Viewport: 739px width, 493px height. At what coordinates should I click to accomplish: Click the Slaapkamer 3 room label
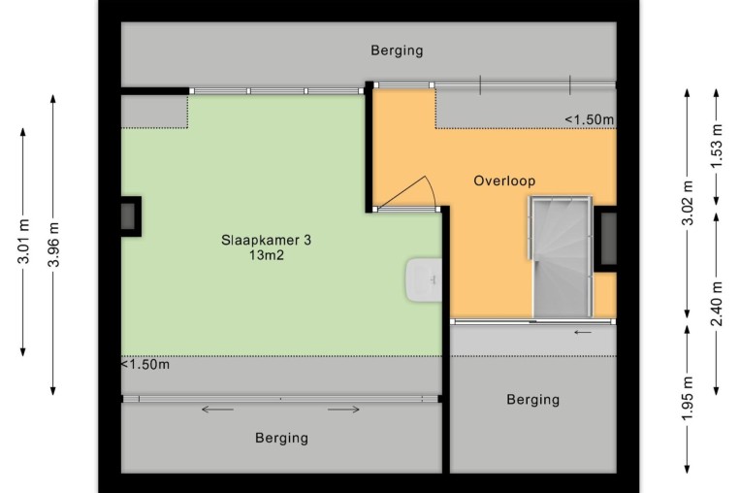pos(267,240)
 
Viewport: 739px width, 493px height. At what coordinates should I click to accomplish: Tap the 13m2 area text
pos(267,255)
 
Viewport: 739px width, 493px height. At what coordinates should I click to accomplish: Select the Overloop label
pos(504,181)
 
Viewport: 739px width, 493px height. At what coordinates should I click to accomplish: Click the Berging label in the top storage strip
pos(397,50)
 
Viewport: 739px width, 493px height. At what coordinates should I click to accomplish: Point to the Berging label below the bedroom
pos(282,438)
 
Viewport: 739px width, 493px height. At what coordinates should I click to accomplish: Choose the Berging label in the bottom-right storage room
pos(533,400)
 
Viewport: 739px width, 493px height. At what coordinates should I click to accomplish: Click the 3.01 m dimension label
pos(23,241)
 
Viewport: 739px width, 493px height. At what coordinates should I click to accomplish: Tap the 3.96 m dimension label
pos(53,244)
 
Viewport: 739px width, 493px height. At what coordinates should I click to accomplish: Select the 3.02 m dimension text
pos(689,203)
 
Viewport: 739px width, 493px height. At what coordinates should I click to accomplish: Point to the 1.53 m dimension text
pos(717,146)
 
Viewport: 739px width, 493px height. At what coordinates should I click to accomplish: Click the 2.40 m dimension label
pos(717,304)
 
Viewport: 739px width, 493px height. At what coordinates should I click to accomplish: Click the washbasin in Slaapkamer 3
pos(424,280)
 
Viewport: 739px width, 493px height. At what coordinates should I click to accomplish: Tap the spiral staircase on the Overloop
pos(561,257)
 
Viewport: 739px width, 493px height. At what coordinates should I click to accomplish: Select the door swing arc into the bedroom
pos(432,191)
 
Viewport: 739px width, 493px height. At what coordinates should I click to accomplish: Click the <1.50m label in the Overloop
pos(590,119)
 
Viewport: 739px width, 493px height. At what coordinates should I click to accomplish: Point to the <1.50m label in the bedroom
pos(145,364)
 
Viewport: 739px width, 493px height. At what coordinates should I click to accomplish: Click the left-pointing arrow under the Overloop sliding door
pos(583,332)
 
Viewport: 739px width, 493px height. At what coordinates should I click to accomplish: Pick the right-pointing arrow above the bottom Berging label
pos(343,410)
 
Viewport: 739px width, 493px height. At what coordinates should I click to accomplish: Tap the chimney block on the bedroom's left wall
pos(131,216)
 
